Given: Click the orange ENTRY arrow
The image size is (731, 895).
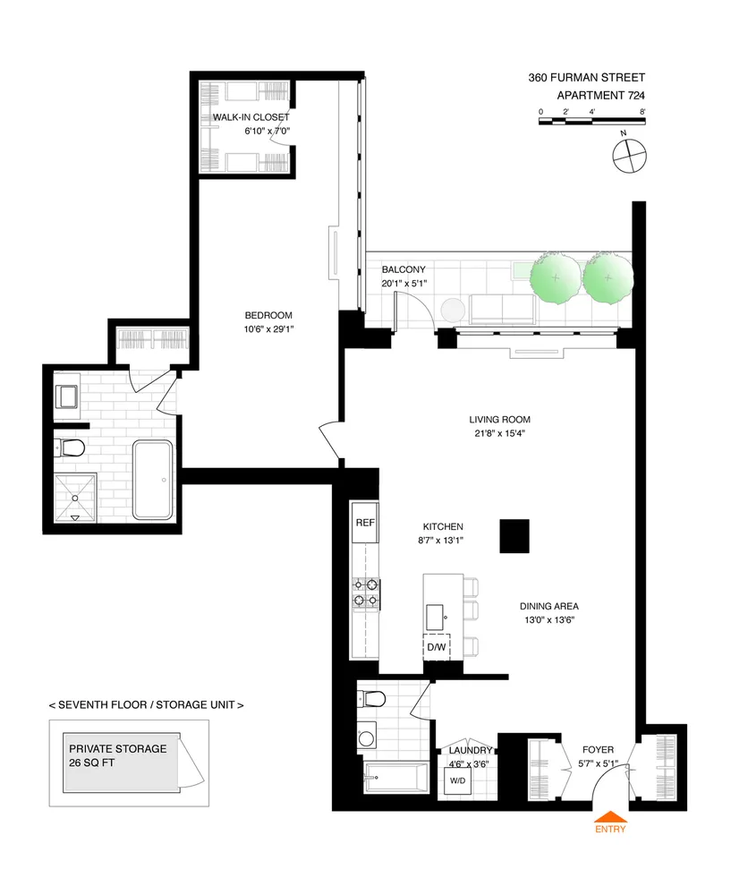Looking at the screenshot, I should tap(611, 815).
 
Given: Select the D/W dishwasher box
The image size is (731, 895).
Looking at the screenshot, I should tap(437, 647).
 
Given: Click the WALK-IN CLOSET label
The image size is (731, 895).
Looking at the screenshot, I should tap(251, 117).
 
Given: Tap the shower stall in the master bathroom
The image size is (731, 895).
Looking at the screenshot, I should tap(75, 496).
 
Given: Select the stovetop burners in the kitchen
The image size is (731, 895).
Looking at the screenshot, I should tap(367, 593).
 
